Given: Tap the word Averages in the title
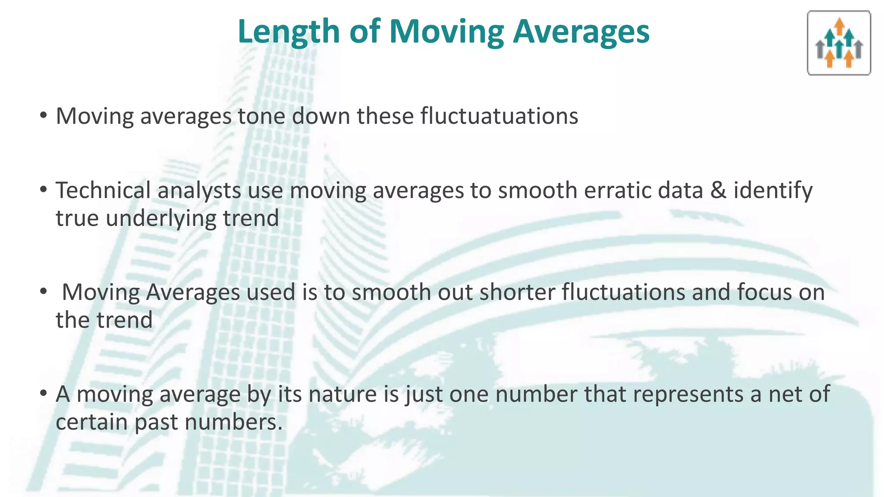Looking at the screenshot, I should [581, 32].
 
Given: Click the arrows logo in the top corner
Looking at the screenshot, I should [839, 43].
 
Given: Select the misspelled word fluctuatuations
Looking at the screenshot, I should [499, 116].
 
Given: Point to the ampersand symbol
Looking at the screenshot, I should [718, 190].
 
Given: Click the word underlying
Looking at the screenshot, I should [161, 218].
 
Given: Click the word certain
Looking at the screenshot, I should [92, 422].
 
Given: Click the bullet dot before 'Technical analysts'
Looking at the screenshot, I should [43, 189].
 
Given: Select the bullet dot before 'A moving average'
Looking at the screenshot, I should [43, 393].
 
